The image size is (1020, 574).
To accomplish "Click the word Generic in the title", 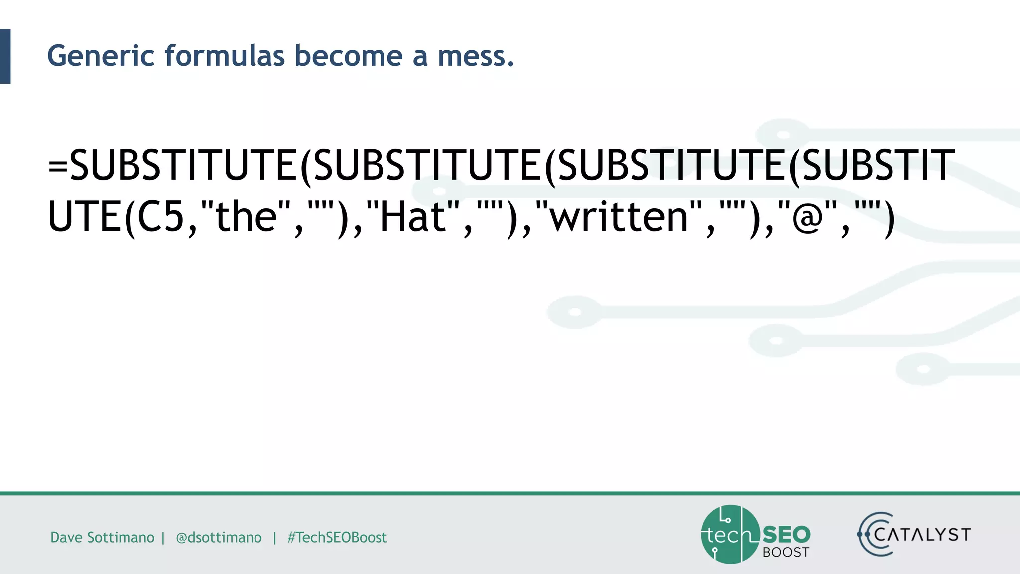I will click(x=101, y=56).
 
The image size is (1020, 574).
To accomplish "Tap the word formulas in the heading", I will click(x=225, y=56).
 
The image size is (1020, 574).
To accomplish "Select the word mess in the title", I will click(x=472, y=56).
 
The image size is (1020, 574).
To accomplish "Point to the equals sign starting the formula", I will click(x=58, y=166).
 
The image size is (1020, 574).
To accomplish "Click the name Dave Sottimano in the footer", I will click(x=102, y=537).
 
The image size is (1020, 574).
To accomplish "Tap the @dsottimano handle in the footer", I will click(x=219, y=537).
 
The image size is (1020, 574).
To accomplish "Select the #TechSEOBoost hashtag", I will click(x=337, y=537).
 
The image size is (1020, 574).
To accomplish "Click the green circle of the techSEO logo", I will click(x=730, y=535).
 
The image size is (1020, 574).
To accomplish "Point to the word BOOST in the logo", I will click(x=786, y=552).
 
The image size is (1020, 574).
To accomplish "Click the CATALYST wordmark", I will click(x=921, y=535).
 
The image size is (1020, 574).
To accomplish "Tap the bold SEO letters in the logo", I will click(x=786, y=535).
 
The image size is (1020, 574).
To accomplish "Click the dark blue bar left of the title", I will click(x=5, y=56).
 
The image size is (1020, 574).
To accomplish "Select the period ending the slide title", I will click(x=510, y=64).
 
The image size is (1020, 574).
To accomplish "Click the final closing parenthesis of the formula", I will click(x=889, y=219).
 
